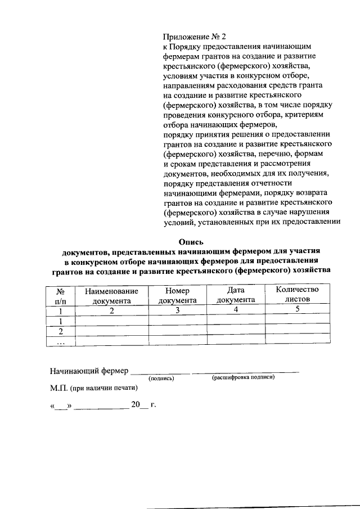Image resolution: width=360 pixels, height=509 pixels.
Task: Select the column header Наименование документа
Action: (111, 295)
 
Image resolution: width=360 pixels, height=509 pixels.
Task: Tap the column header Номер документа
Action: (177, 295)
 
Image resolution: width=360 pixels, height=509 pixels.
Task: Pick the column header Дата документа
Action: (236, 295)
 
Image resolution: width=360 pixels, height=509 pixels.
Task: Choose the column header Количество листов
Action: (297, 295)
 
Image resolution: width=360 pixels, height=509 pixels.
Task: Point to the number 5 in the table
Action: (296, 310)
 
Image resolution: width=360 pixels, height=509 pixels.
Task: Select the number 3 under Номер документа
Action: (177, 310)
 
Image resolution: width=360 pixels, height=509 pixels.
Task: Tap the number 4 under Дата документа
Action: (236, 310)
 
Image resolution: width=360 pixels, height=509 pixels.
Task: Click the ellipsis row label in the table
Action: (60, 341)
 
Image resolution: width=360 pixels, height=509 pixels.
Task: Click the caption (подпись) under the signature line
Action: (161, 378)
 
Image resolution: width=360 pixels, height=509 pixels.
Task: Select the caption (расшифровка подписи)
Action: (244, 377)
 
